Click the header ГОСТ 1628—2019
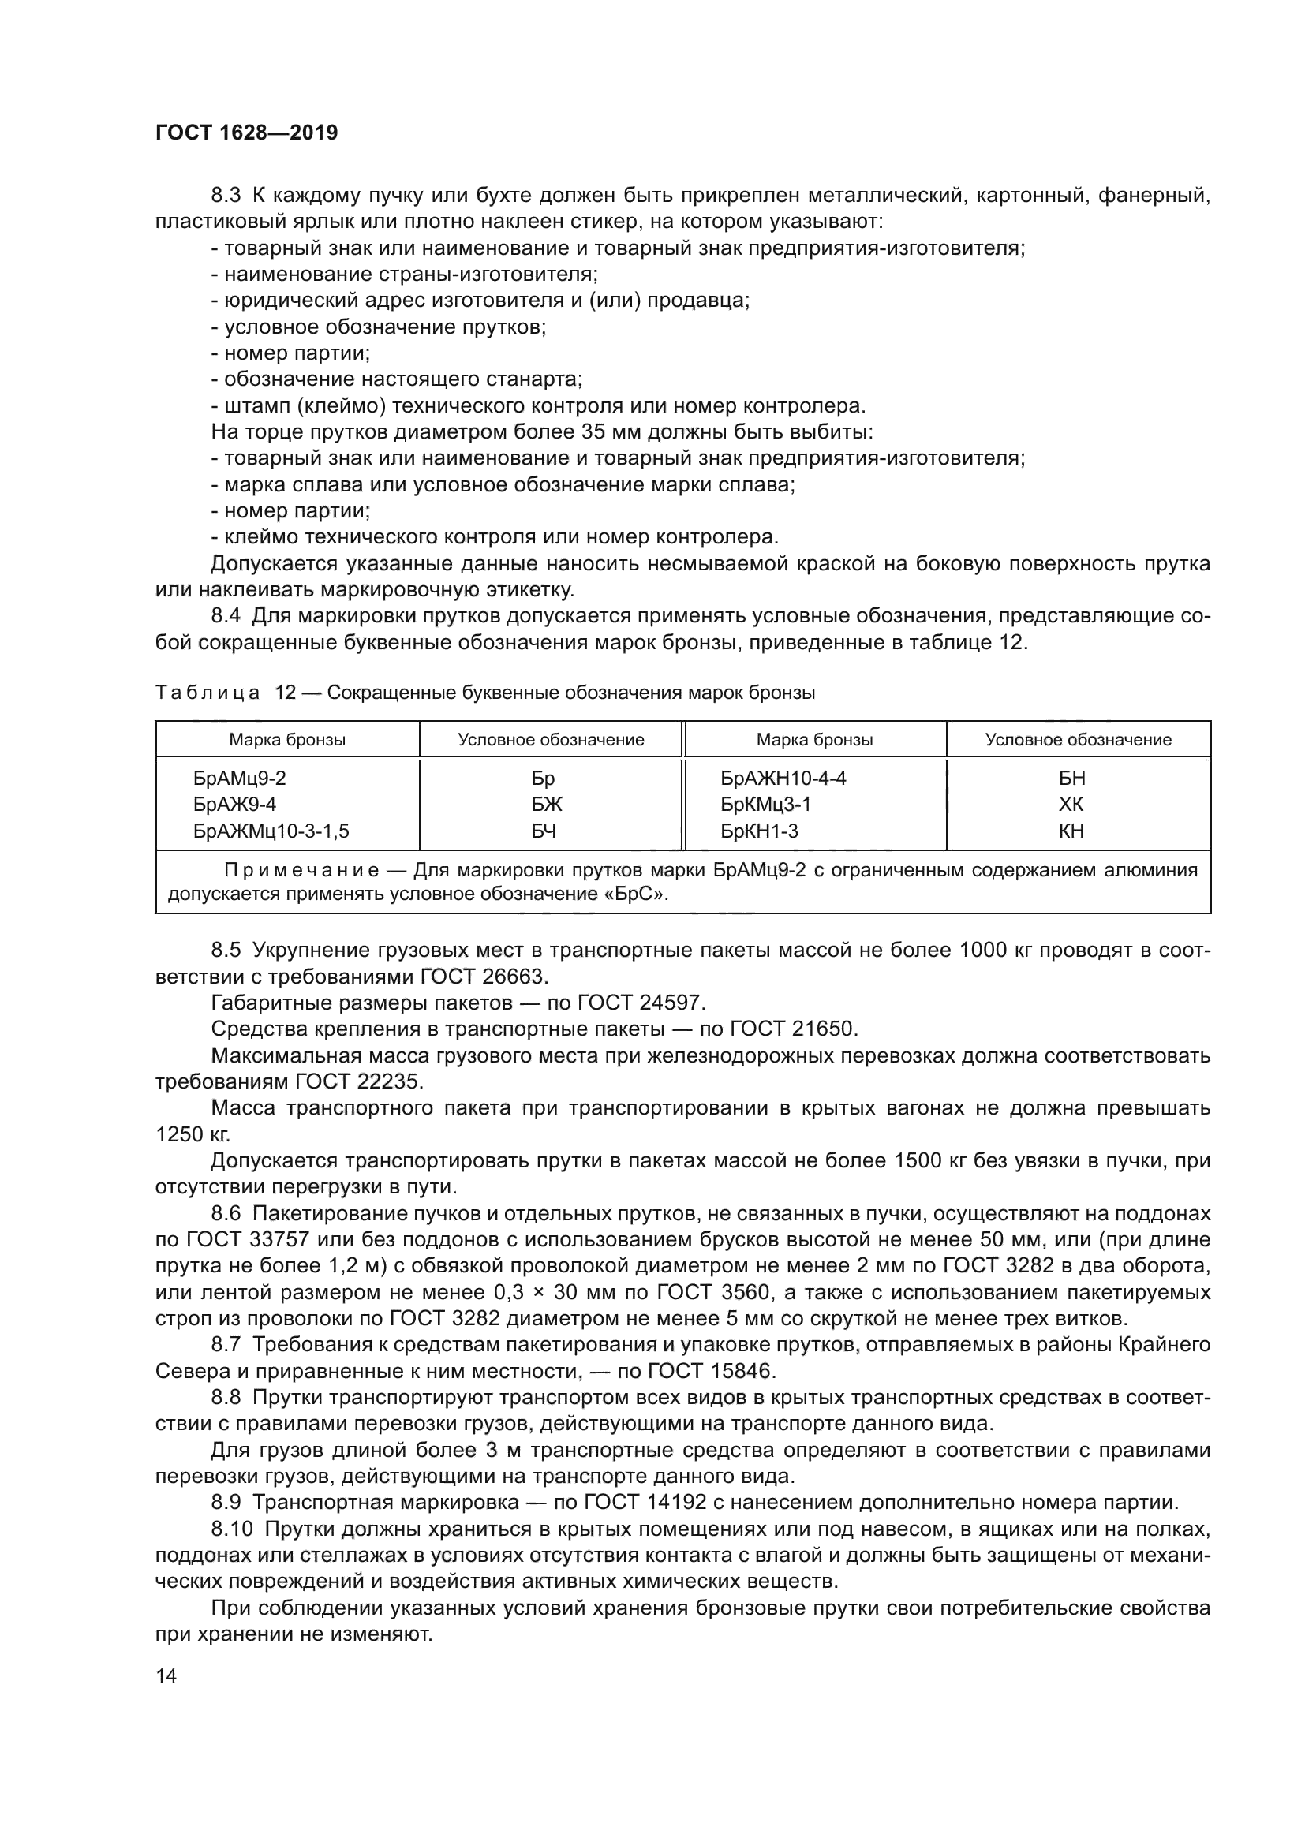(246, 133)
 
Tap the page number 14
(166, 1675)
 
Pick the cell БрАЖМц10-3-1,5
(271, 831)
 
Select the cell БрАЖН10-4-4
(783, 778)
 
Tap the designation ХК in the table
(1071, 805)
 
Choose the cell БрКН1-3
(759, 831)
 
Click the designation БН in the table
(1072, 778)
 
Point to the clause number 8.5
(226, 950)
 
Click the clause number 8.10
(231, 1529)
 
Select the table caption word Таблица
(208, 693)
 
